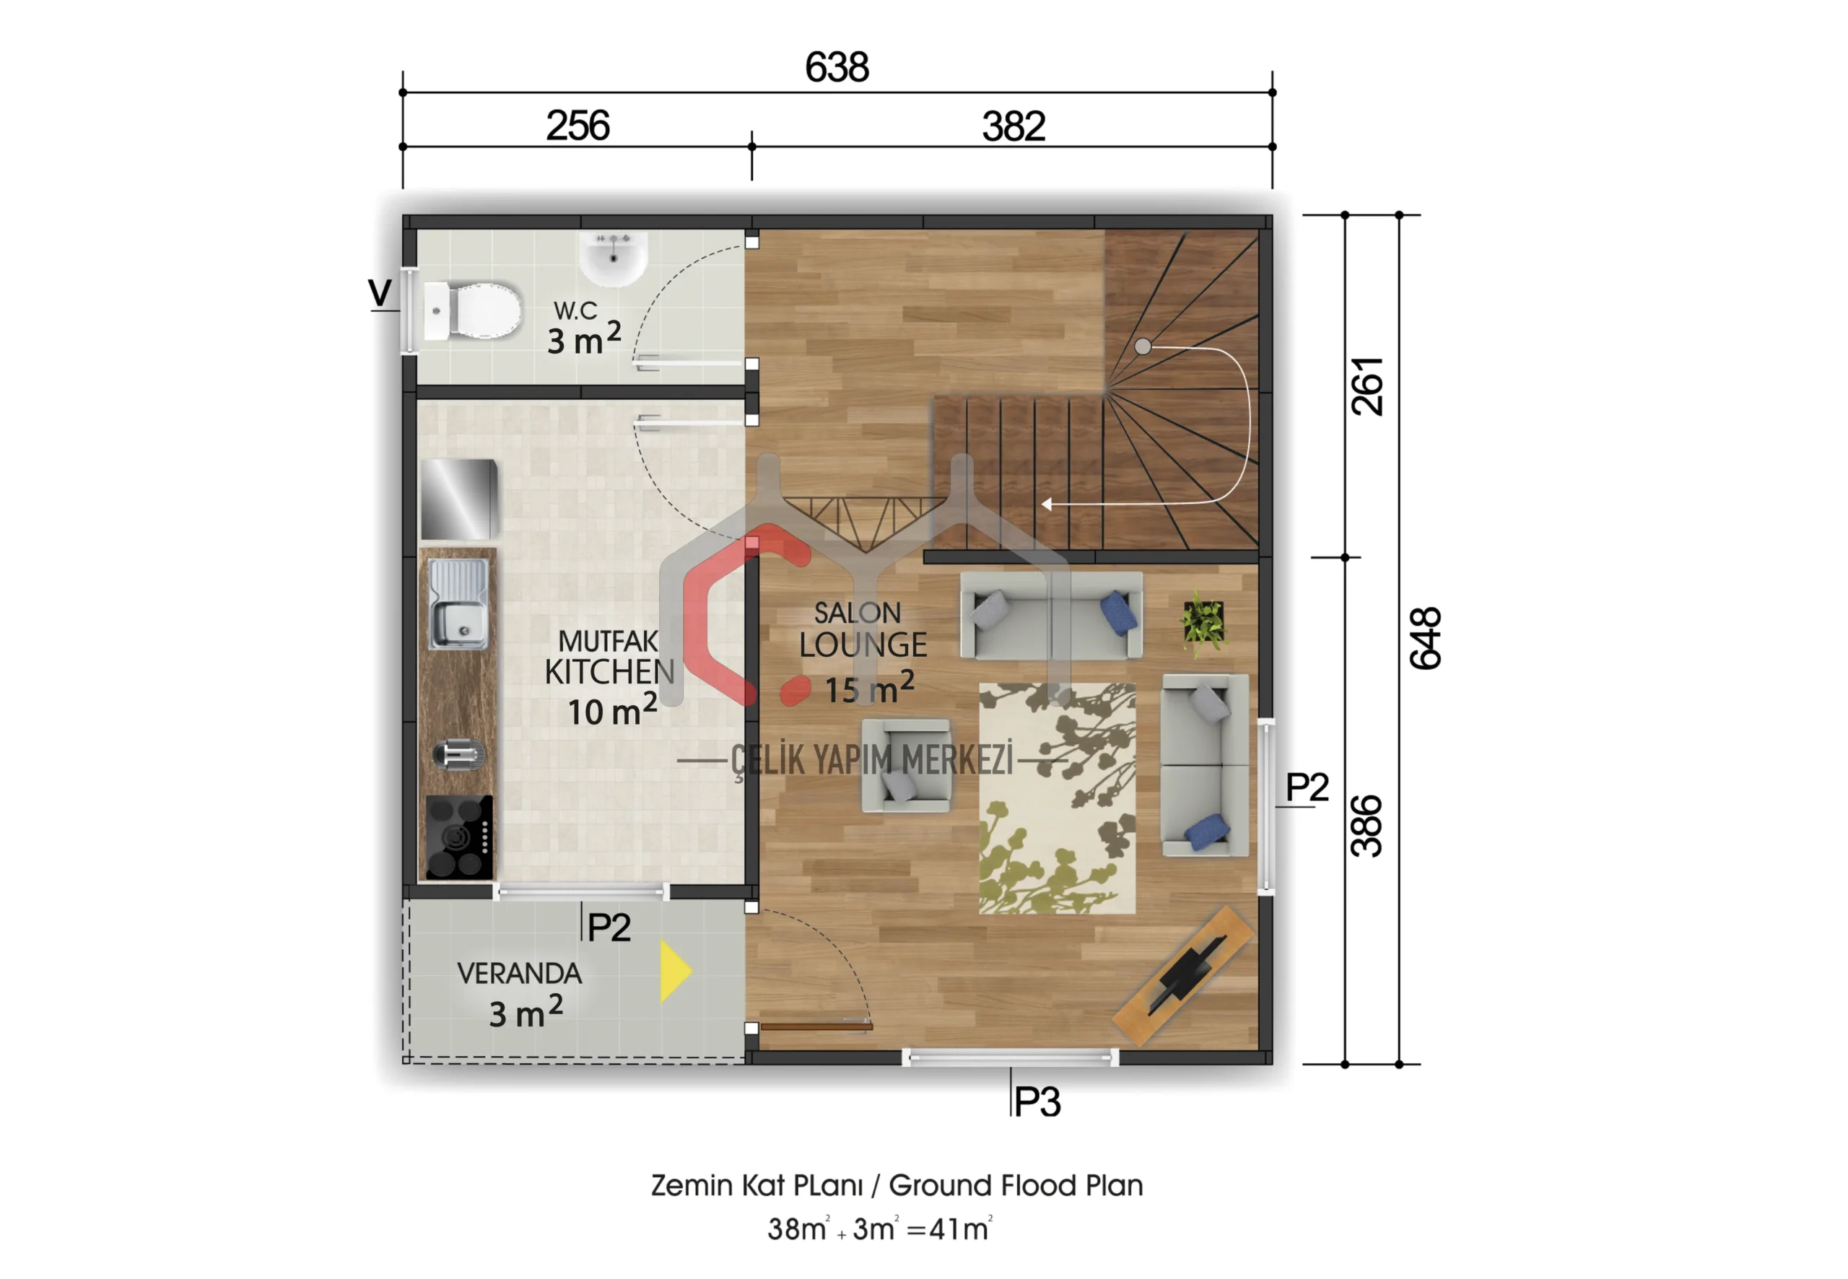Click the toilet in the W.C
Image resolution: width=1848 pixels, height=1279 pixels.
(472, 310)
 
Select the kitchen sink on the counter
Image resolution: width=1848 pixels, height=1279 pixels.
(458, 603)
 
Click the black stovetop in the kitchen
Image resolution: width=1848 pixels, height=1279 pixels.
(459, 837)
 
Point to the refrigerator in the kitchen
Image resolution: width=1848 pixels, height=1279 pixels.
(459, 499)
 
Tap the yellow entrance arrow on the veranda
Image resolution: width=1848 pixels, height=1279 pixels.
(676, 972)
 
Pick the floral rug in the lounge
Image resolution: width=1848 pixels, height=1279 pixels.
(1057, 798)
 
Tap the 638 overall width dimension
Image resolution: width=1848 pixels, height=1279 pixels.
(837, 66)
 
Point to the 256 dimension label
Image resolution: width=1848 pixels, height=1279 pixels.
(577, 126)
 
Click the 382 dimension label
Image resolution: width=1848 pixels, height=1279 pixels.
(1014, 126)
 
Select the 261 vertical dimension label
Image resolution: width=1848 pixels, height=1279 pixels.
(1367, 386)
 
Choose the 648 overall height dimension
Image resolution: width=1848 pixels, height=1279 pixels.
(1426, 638)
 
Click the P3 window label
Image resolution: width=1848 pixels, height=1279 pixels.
(1038, 1103)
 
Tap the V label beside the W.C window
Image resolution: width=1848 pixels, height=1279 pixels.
(380, 292)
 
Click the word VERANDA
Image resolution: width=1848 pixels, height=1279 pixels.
(519, 974)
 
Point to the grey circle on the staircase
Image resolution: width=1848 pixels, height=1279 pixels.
(1143, 347)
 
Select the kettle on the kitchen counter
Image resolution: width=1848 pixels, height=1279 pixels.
(458, 754)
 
